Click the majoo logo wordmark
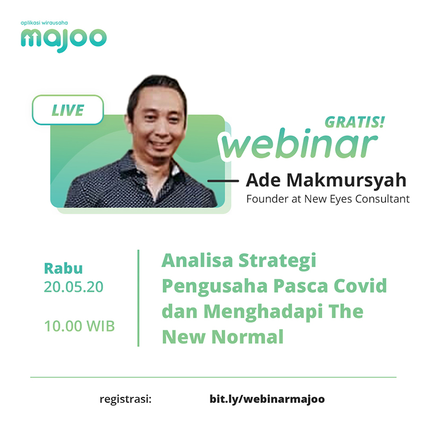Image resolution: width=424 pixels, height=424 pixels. pyautogui.click(x=64, y=40)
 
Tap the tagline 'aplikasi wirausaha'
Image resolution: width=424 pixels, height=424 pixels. pyautogui.click(x=44, y=23)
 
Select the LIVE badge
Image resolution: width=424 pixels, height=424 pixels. pyautogui.click(x=68, y=110)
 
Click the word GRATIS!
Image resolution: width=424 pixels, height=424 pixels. pyautogui.click(x=355, y=122)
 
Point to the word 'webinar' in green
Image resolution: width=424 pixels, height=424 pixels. pyautogui.click(x=299, y=144)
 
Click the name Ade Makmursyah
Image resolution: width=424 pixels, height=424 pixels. pyautogui.click(x=326, y=180)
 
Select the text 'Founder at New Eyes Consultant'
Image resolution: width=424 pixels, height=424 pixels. pyautogui.click(x=328, y=199)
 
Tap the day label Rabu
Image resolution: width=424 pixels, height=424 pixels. pyautogui.click(x=63, y=268)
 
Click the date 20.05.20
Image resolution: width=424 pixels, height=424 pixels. pyautogui.click(x=74, y=287)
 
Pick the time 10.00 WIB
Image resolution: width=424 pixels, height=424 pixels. pyautogui.click(x=79, y=326)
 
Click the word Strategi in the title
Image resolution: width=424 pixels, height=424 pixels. pyautogui.click(x=277, y=261)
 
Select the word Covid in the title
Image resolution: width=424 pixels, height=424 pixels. pyautogui.click(x=360, y=286)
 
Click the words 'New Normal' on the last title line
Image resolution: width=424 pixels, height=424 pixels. pyautogui.click(x=223, y=337)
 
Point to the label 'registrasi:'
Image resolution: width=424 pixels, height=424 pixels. pyautogui.click(x=126, y=399)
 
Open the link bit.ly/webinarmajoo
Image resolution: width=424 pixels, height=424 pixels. pyautogui.click(x=267, y=400)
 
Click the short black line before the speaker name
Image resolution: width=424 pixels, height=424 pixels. pyautogui.click(x=223, y=181)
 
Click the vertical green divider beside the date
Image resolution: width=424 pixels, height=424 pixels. pyautogui.click(x=138, y=298)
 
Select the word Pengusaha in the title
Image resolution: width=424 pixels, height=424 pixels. pyautogui.click(x=215, y=286)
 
